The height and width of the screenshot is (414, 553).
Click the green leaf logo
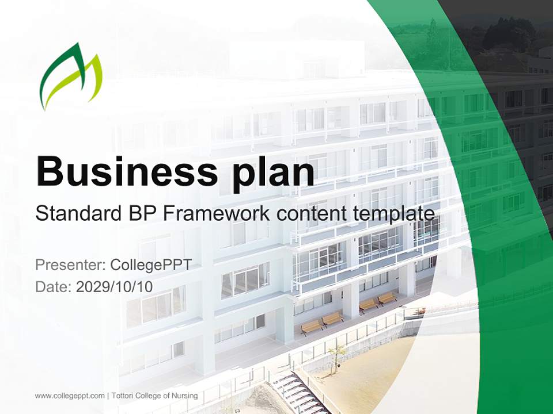coord(70,76)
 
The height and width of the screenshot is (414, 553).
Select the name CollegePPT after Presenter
coord(150,265)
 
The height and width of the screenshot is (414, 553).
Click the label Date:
coord(54,287)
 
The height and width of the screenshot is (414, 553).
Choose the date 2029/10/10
coord(115,287)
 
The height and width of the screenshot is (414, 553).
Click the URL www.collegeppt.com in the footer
coord(70,396)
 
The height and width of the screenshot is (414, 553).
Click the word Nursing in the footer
coord(186,396)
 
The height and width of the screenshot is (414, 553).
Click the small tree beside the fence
coord(338,352)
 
